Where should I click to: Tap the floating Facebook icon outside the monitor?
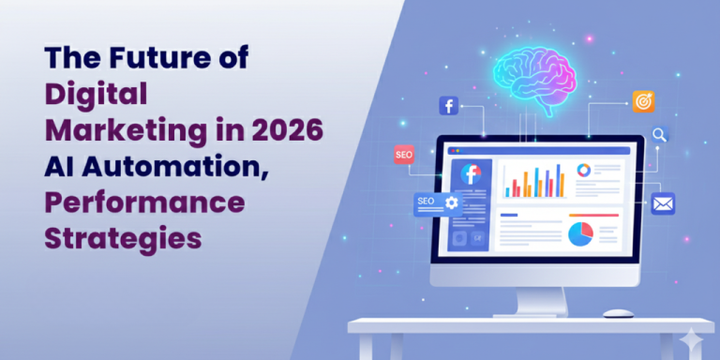(x=449, y=106)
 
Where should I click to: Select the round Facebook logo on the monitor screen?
(x=470, y=173)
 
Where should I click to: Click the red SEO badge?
(x=404, y=154)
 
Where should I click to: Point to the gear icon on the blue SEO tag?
(x=452, y=202)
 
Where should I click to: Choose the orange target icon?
(x=643, y=100)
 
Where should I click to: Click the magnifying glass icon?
(x=660, y=135)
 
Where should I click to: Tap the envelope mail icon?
(x=663, y=202)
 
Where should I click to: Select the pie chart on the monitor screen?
(x=581, y=233)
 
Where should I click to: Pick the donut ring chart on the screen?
(x=583, y=170)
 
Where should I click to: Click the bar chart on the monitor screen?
(x=535, y=181)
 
